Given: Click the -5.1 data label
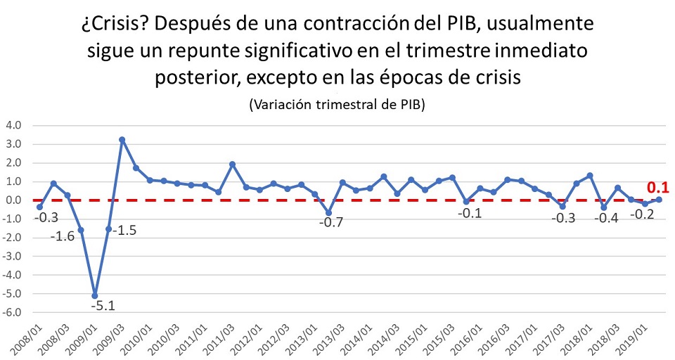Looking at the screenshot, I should pos(103,306).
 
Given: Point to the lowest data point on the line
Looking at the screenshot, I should pos(95,295).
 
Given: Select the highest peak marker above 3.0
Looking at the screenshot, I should pos(122,140).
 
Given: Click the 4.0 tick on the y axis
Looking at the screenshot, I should pos(13,126).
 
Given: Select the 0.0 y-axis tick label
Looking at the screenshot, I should pos(13,200).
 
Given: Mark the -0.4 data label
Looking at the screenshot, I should pos(605,218).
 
